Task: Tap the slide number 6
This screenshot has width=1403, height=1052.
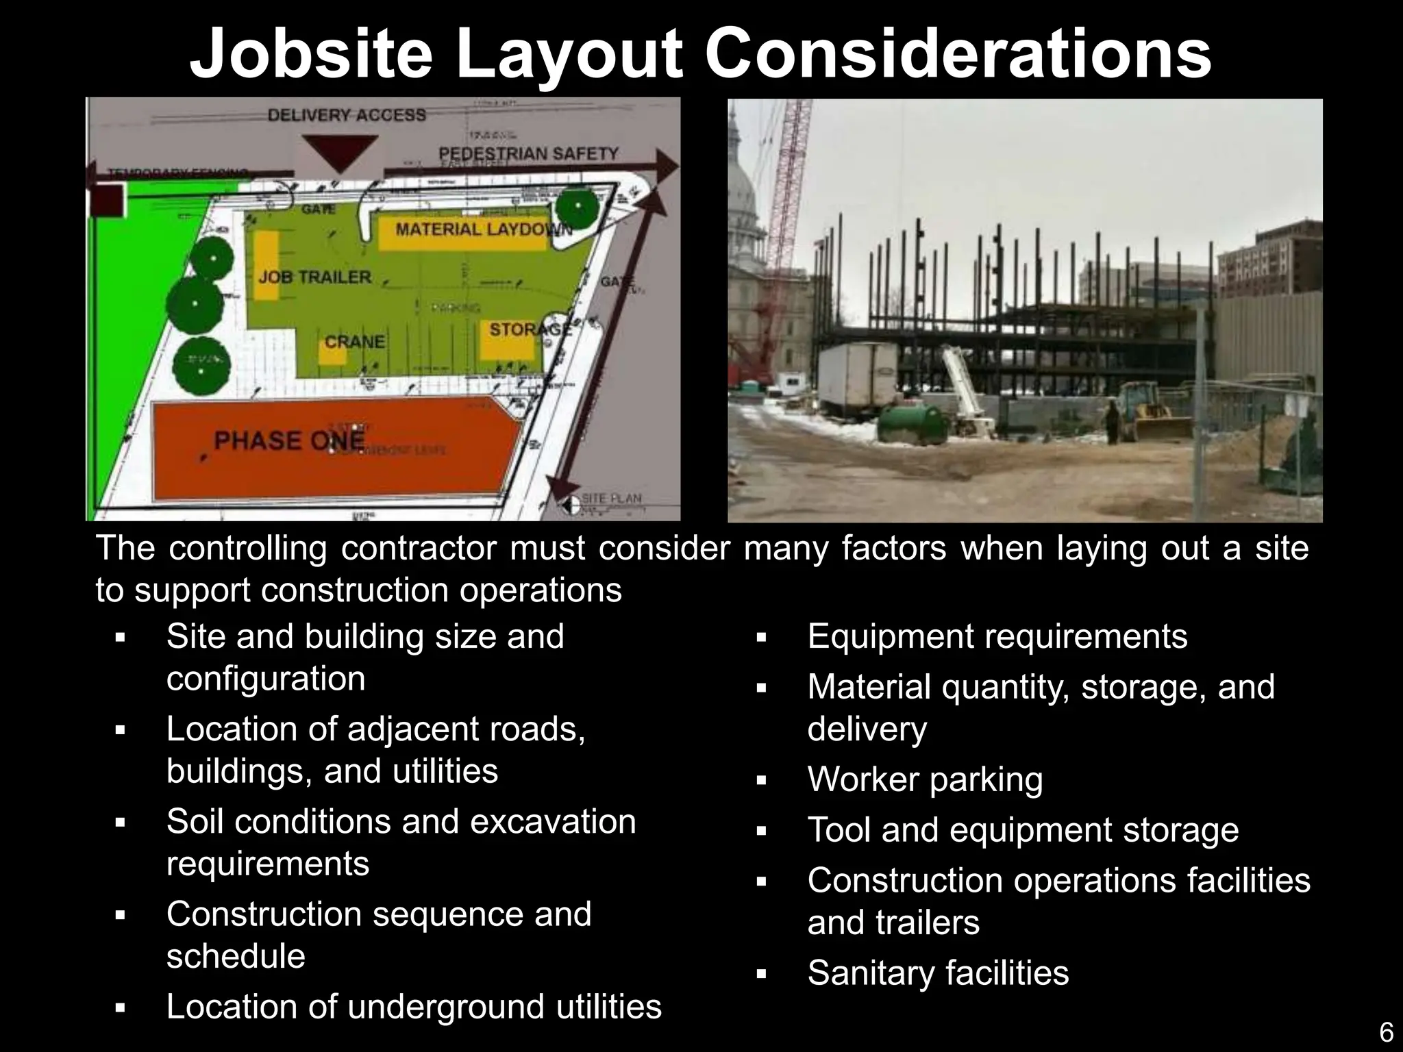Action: pyautogui.click(x=1385, y=1031)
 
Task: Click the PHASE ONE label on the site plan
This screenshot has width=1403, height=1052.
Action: pyautogui.click(x=289, y=440)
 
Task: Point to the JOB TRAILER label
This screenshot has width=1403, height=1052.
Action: pyautogui.click(x=315, y=277)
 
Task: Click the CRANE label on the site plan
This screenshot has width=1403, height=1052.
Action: pyautogui.click(x=354, y=341)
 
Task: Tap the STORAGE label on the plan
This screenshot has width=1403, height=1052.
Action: pyautogui.click(x=530, y=329)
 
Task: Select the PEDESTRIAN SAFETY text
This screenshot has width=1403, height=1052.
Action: pyautogui.click(x=528, y=153)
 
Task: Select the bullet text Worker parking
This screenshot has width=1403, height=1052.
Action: pyautogui.click(x=925, y=779)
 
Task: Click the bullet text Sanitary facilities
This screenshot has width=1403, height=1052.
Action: pyautogui.click(x=938, y=973)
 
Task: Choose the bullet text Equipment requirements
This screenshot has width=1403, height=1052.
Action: pyautogui.click(x=997, y=636)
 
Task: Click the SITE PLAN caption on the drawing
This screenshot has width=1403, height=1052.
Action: pyautogui.click(x=611, y=498)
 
